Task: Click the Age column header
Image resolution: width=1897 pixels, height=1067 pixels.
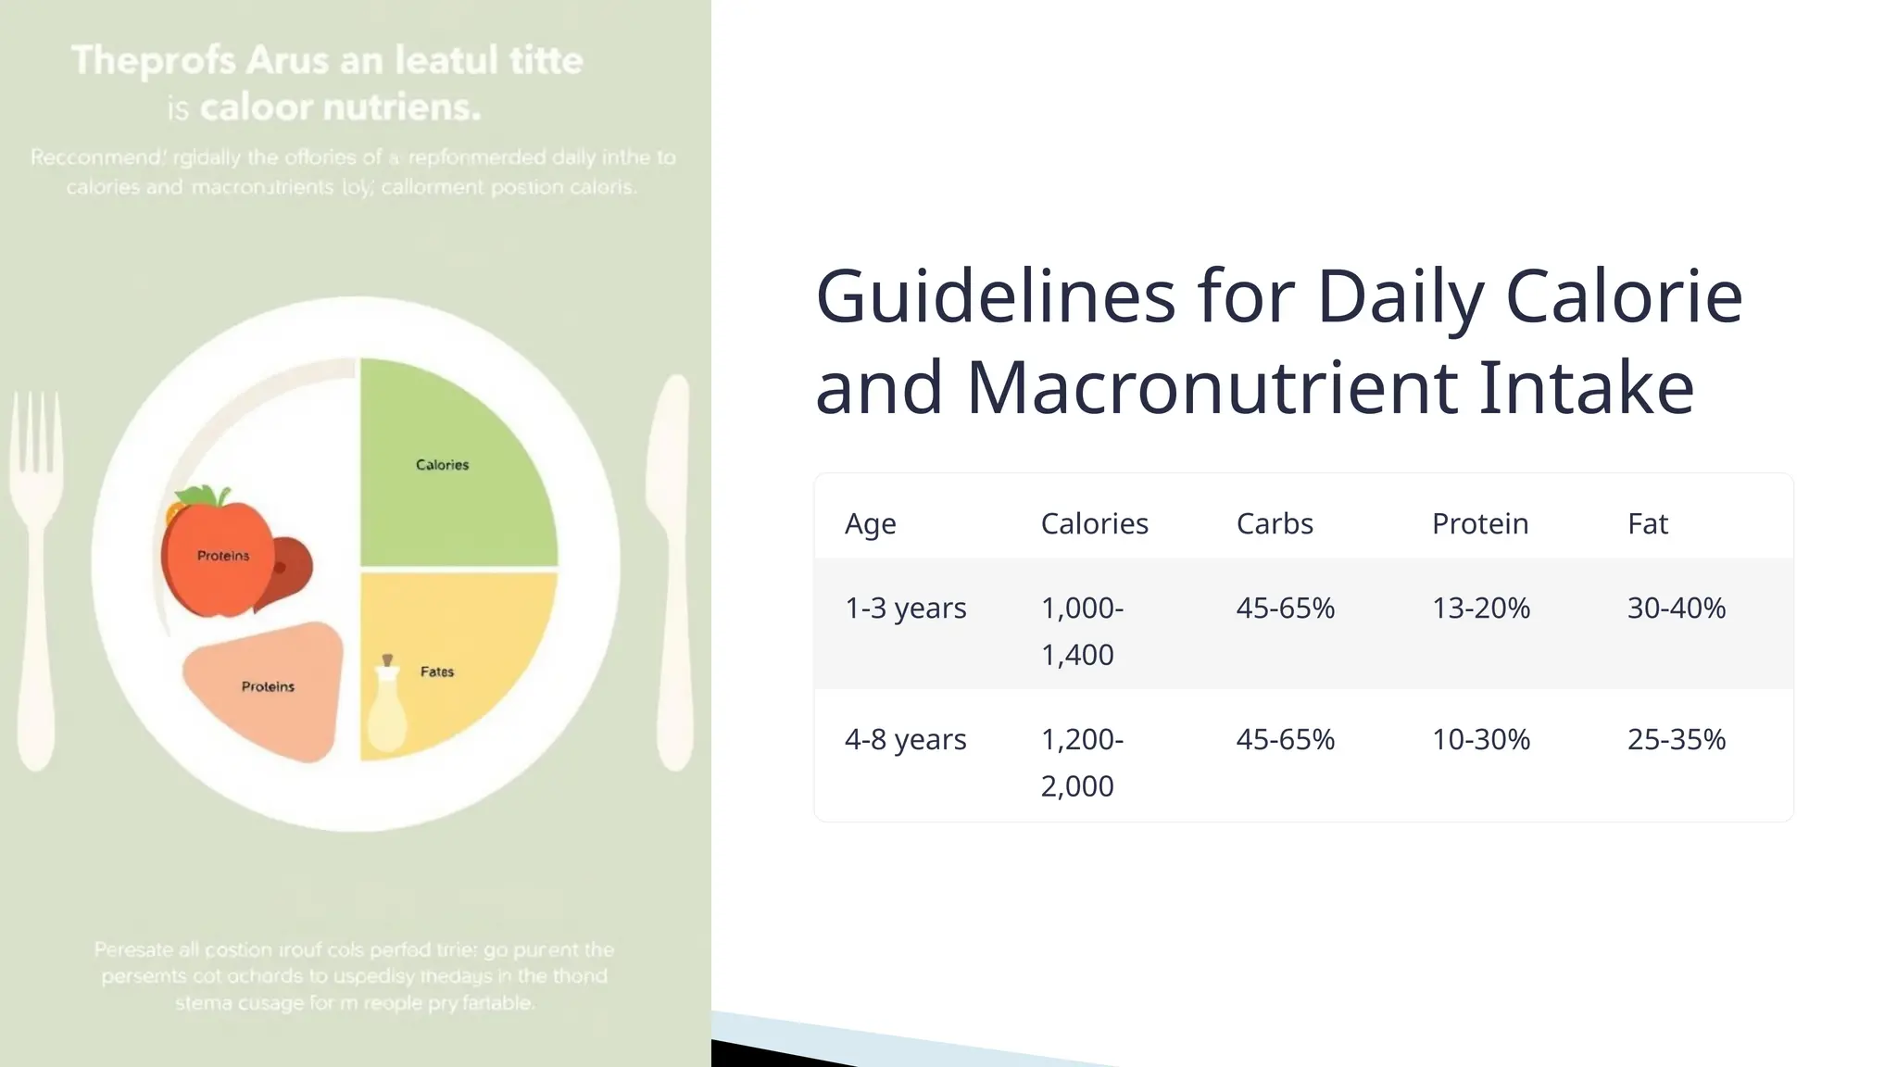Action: point(870,524)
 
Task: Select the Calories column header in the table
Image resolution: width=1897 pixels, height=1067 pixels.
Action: point(1094,524)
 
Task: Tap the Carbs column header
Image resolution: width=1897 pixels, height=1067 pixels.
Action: point(1275,524)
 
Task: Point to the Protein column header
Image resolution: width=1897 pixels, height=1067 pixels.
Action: point(1480,524)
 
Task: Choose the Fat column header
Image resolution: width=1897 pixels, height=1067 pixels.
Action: point(1647,524)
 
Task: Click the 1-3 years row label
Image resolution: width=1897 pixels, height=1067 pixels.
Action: point(905,609)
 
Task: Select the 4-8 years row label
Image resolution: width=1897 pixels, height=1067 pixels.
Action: point(905,740)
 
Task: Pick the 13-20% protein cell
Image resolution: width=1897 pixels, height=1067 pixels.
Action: point(1480,609)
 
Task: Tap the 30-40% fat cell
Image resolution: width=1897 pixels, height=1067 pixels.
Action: point(1676,609)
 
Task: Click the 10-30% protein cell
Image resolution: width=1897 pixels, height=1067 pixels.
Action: point(1480,740)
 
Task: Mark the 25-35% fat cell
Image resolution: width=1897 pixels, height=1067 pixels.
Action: point(1676,740)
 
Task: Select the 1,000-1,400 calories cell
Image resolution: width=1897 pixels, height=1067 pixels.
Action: point(1081,632)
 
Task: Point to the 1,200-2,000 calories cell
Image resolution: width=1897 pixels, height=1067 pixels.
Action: point(1081,763)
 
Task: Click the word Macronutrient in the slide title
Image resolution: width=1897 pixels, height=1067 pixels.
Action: point(1211,387)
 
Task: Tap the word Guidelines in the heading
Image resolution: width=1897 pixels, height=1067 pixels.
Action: point(995,296)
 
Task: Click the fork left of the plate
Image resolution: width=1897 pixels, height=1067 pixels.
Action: point(37,574)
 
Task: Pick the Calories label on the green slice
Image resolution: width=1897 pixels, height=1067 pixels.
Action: point(442,465)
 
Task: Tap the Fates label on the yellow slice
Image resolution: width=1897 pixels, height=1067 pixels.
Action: point(437,672)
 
